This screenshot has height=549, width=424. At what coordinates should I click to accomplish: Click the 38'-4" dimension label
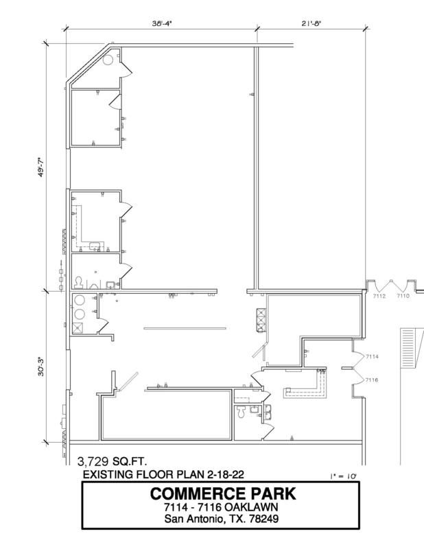pyautogui.click(x=162, y=23)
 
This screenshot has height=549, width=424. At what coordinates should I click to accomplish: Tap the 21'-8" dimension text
pyautogui.click(x=311, y=23)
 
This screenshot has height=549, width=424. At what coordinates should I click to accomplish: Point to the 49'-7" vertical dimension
pyautogui.click(x=41, y=167)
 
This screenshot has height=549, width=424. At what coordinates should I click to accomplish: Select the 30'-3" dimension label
pyautogui.click(x=41, y=366)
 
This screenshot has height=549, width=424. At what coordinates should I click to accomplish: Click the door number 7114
pyautogui.click(x=372, y=356)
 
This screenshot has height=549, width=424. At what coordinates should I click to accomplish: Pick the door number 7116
pyautogui.click(x=372, y=380)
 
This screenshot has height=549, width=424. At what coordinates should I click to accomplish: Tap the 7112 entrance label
pyautogui.click(x=379, y=296)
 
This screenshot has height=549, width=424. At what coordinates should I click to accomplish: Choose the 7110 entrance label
pyautogui.click(x=403, y=296)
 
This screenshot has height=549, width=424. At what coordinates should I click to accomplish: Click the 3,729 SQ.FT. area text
pyautogui.click(x=112, y=461)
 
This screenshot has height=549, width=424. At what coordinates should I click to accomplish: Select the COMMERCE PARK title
pyautogui.click(x=223, y=493)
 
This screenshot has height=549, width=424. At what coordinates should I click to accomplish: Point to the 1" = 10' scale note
pyautogui.click(x=343, y=476)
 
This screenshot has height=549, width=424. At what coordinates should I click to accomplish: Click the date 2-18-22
pyautogui.click(x=226, y=474)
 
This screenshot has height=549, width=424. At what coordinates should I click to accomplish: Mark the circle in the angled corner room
pyautogui.click(x=108, y=60)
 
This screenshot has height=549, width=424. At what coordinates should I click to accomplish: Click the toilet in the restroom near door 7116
pyautogui.click(x=241, y=412)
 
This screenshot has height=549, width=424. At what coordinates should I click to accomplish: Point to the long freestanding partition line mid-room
pyautogui.click(x=185, y=329)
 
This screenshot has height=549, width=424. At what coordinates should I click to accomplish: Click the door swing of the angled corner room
pyautogui.click(x=126, y=70)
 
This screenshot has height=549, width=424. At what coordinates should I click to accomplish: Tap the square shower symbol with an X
pyautogui.click(x=78, y=328)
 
